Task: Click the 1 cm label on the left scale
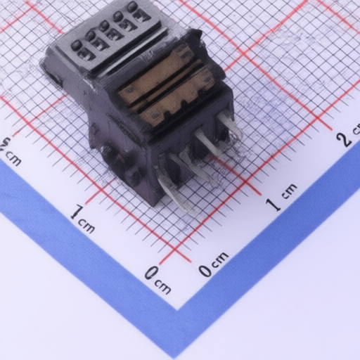pyautogui.click(x=82, y=219)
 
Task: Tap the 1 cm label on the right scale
pyautogui.click(x=282, y=197)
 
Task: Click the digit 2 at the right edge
pyautogui.click(x=344, y=140)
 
